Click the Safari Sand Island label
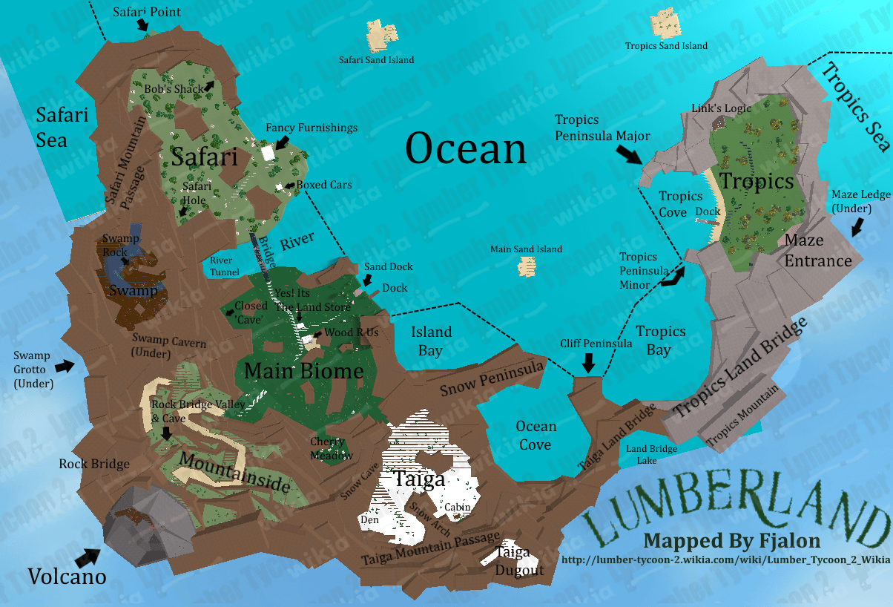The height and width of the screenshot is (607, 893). tap(376, 59)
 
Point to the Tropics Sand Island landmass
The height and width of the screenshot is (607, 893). tap(665, 24)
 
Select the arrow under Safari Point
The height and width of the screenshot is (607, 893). tap(142, 25)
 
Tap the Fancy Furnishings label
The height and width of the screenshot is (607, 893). tap(312, 128)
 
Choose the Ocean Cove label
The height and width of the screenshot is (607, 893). tap(536, 436)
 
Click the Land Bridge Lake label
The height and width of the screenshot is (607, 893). tap(651, 454)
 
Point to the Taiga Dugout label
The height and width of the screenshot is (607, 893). tap(520, 561)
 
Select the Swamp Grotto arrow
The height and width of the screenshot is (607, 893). tap(66, 365)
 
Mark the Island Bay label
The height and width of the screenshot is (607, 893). tap(431, 341)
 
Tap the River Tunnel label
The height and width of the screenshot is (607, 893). tap(225, 266)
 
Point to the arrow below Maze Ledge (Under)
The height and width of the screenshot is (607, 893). tap(858, 226)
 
